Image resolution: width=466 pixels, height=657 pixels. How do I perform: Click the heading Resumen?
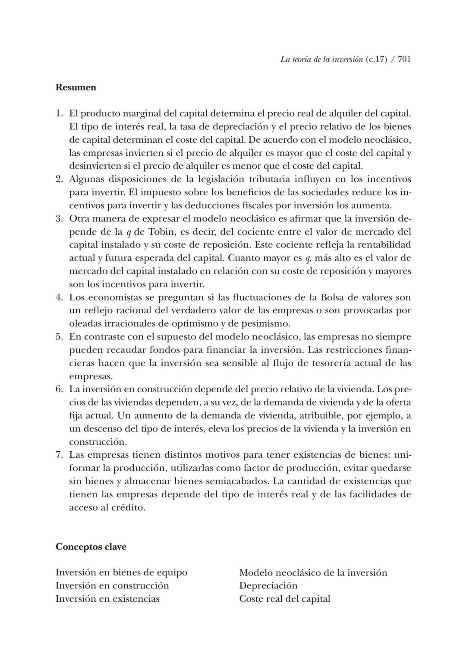tap(76, 87)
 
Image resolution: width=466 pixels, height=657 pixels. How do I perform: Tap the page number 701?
tap(404, 60)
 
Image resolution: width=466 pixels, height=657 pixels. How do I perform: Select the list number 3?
tap(59, 218)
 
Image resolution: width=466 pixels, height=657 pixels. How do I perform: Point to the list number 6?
tap(59, 389)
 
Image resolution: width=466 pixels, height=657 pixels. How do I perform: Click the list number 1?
tap(59, 113)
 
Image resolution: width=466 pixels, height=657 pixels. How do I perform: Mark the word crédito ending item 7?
tap(128, 507)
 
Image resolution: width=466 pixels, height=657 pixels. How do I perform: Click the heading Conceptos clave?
tap(91, 547)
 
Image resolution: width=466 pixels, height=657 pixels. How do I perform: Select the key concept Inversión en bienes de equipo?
tap(122, 572)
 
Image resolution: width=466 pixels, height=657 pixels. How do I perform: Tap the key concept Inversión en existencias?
tap(107, 599)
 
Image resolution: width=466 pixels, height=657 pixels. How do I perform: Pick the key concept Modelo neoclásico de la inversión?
tap(313, 572)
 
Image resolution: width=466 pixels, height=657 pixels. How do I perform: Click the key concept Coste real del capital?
tap(285, 599)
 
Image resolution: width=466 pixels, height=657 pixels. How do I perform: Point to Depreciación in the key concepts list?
tap(268, 585)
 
